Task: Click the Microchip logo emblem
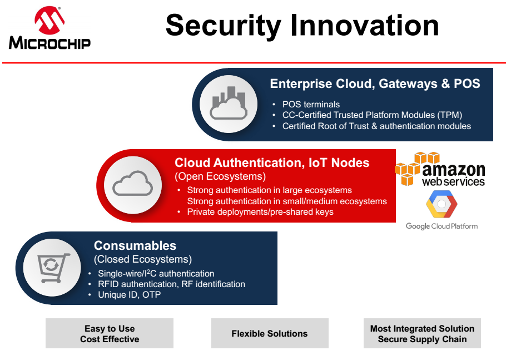[x=49, y=20]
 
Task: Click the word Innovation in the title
[x=364, y=25]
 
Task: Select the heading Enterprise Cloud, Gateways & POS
[x=375, y=83]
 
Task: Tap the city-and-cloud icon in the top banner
[x=229, y=103]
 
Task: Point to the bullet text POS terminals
[x=311, y=104]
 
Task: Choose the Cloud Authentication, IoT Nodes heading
[x=272, y=162]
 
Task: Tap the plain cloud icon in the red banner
[x=133, y=184]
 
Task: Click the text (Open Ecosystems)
[x=220, y=176]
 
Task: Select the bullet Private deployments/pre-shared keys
[x=260, y=212]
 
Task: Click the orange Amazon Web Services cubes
[x=416, y=169]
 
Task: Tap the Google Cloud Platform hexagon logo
[x=442, y=204]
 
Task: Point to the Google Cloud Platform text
[x=442, y=226]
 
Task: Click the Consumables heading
[x=135, y=246]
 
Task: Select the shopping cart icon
[x=53, y=268]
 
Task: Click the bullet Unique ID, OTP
[x=130, y=294]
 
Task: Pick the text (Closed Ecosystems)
[x=143, y=259]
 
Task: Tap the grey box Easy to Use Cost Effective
[x=110, y=333]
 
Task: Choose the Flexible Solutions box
[x=270, y=333]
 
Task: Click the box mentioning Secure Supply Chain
[x=422, y=333]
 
